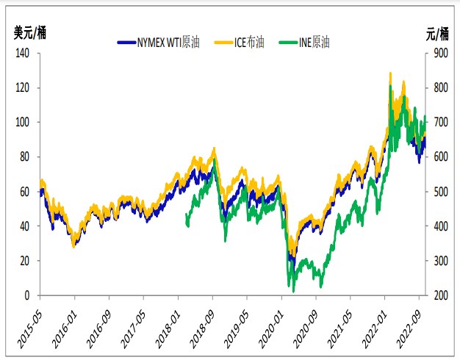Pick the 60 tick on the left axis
click(x=25, y=192)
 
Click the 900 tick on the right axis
click(x=436, y=53)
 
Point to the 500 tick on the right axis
click(x=436, y=192)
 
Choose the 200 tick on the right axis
click(x=436, y=295)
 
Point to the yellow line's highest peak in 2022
click(x=390, y=73)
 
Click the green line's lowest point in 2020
click(x=293, y=292)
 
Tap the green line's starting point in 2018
click(x=186, y=214)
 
